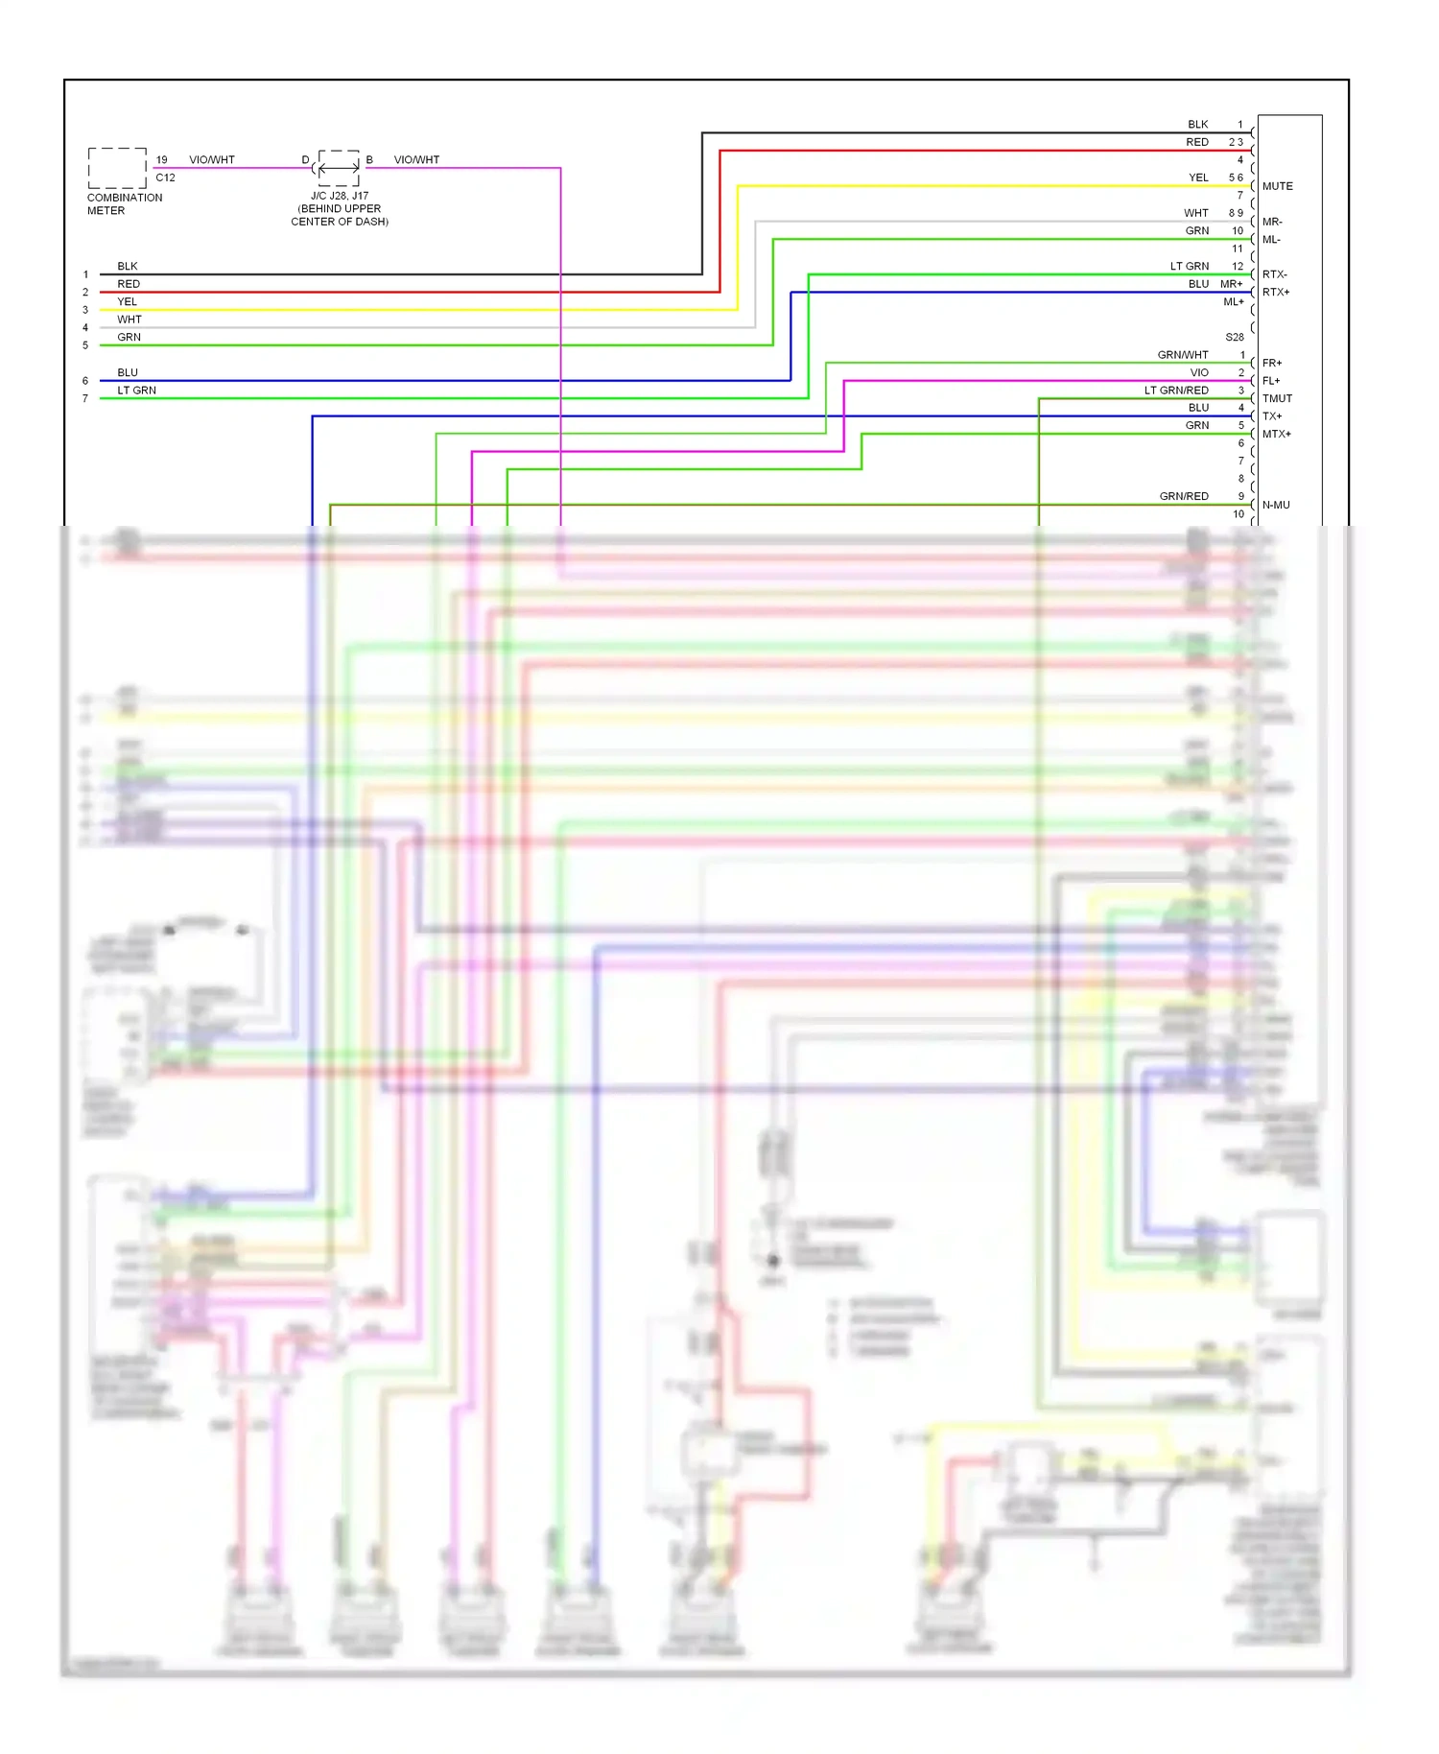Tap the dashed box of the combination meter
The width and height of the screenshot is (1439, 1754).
117,168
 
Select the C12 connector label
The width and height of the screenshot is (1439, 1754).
165,178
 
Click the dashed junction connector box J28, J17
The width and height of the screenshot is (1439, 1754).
339,168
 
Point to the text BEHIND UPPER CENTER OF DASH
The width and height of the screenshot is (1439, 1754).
340,215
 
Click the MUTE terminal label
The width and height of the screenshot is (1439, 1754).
1277,186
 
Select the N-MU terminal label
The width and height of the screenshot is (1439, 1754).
1276,505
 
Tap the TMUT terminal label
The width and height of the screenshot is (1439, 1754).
1277,398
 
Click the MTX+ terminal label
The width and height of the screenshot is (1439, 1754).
1276,434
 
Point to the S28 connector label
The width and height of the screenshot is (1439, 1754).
1235,337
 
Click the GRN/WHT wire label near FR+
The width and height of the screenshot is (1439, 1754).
1183,355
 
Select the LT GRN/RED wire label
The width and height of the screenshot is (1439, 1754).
1176,391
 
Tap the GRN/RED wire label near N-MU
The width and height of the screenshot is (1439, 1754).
1184,496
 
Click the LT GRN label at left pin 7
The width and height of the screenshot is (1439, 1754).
136,391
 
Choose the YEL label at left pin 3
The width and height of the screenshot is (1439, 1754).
127,301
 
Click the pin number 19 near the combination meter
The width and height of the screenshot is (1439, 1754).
161,160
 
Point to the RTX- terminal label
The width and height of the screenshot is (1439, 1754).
1274,274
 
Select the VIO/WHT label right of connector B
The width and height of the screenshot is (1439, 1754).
416,160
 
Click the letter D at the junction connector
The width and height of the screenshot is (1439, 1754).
306,160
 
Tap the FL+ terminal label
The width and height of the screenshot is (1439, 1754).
1271,381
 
